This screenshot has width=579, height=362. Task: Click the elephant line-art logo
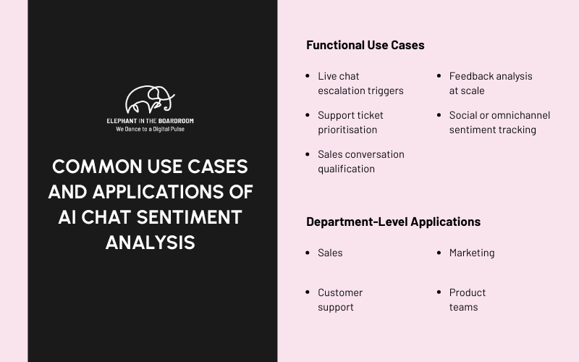[x=150, y=99]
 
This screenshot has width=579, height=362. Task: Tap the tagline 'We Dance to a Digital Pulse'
[x=150, y=129]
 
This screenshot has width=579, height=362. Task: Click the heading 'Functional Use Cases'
[x=365, y=45]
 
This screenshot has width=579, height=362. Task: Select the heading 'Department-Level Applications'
[x=393, y=222]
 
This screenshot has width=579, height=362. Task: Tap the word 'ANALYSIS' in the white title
[x=151, y=242]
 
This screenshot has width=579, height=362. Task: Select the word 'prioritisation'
[x=347, y=130]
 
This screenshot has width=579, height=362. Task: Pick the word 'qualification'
[x=346, y=169]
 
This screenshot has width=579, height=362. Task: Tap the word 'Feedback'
[x=470, y=76]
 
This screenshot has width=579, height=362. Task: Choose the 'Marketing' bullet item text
[x=472, y=253]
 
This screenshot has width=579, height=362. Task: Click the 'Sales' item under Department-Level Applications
[x=330, y=253]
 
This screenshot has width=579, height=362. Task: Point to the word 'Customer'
[x=340, y=292]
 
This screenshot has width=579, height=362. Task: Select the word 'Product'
[x=468, y=292]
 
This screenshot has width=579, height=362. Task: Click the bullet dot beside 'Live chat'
[x=309, y=76]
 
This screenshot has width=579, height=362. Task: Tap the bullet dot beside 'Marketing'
[x=440, y=253]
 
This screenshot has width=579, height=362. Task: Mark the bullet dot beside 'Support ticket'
[x=309, y=115]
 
